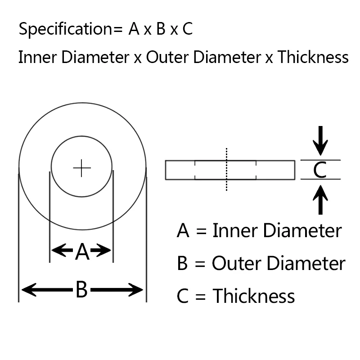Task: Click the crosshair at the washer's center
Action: [82, 168]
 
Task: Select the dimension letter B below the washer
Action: [81, 290]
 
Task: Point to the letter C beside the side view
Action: [319, 170]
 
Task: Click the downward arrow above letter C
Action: [320, 140]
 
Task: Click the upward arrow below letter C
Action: [320, 200]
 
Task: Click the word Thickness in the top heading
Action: [313, 57]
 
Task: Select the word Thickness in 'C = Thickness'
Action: [253, 296]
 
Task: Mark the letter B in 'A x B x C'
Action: [161, 30]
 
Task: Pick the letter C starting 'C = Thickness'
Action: [183, 296]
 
